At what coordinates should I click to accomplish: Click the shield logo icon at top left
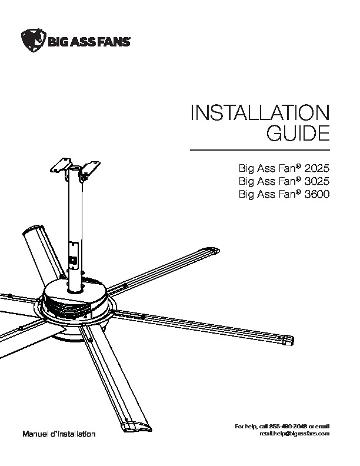[x=34, y=41]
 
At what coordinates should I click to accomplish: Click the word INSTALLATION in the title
[x=260, y=112]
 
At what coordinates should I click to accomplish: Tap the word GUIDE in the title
[x=298, y=134]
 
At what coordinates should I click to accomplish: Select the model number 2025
[x=317, y=168]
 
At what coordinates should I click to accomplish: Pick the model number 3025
[x=317, y=181]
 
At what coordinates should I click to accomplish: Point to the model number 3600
[x=317, y=194]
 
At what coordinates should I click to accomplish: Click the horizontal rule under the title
[x=260, y=150]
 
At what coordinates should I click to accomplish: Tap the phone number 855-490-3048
[x=286, y=427]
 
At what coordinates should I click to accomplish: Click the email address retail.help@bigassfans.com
[x=295, y=433]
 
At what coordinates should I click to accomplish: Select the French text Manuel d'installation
[x=59, y=434]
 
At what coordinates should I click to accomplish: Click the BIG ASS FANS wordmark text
[x=89, y=42]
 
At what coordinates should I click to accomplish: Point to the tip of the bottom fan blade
[x=136, y=426]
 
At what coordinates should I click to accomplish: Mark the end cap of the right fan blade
[x=288, y=340]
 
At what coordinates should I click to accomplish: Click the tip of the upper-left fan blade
[x=33, y=230]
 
